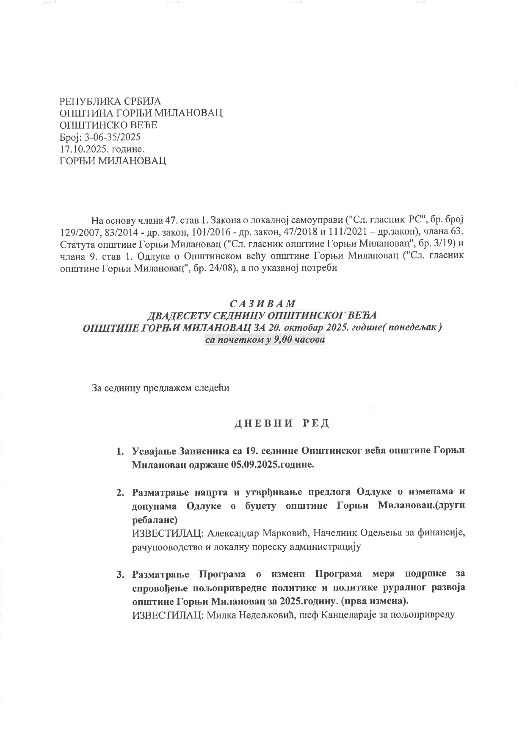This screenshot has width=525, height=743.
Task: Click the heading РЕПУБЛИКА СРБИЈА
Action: pyautogui.click(x=110, y=102)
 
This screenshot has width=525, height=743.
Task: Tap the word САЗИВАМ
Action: pyautogui.click(x=262, y=304)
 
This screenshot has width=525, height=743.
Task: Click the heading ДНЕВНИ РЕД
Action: pyautogui.click(x=282, y=424)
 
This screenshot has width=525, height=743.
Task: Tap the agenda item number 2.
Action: pyautogui.click(x=120, y=493)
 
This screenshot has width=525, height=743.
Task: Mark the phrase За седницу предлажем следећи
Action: pyautogui.click(x=160, y=388)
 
